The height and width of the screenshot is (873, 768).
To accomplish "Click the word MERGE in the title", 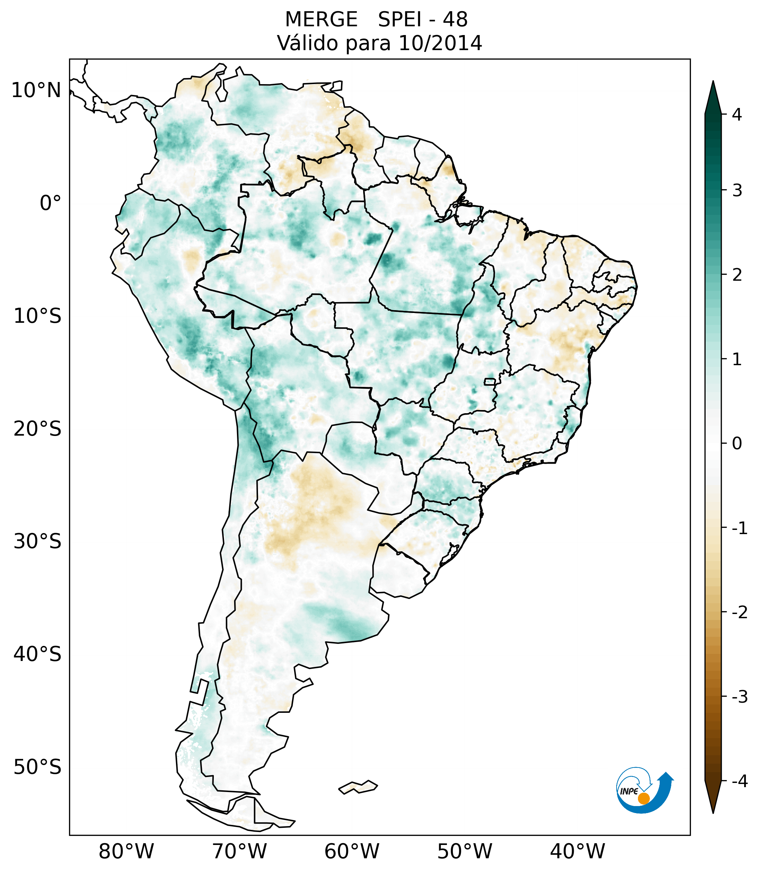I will [321, 20].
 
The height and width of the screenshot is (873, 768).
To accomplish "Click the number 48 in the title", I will [455, 20].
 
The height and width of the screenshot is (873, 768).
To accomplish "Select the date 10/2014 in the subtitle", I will [440, 43].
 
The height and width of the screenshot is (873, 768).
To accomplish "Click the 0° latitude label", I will [50, 203].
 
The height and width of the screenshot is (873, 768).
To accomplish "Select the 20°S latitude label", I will [38, 429].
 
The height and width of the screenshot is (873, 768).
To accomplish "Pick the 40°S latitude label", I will [38, 654].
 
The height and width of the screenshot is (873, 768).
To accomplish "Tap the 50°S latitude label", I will [38, 768].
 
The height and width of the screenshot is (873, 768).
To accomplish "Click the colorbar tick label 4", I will [737, 115].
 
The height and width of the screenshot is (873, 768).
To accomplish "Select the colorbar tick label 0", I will [737, 444].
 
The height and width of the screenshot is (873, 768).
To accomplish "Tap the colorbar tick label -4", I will [739, 782].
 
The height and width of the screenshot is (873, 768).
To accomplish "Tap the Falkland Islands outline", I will [358, 787].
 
